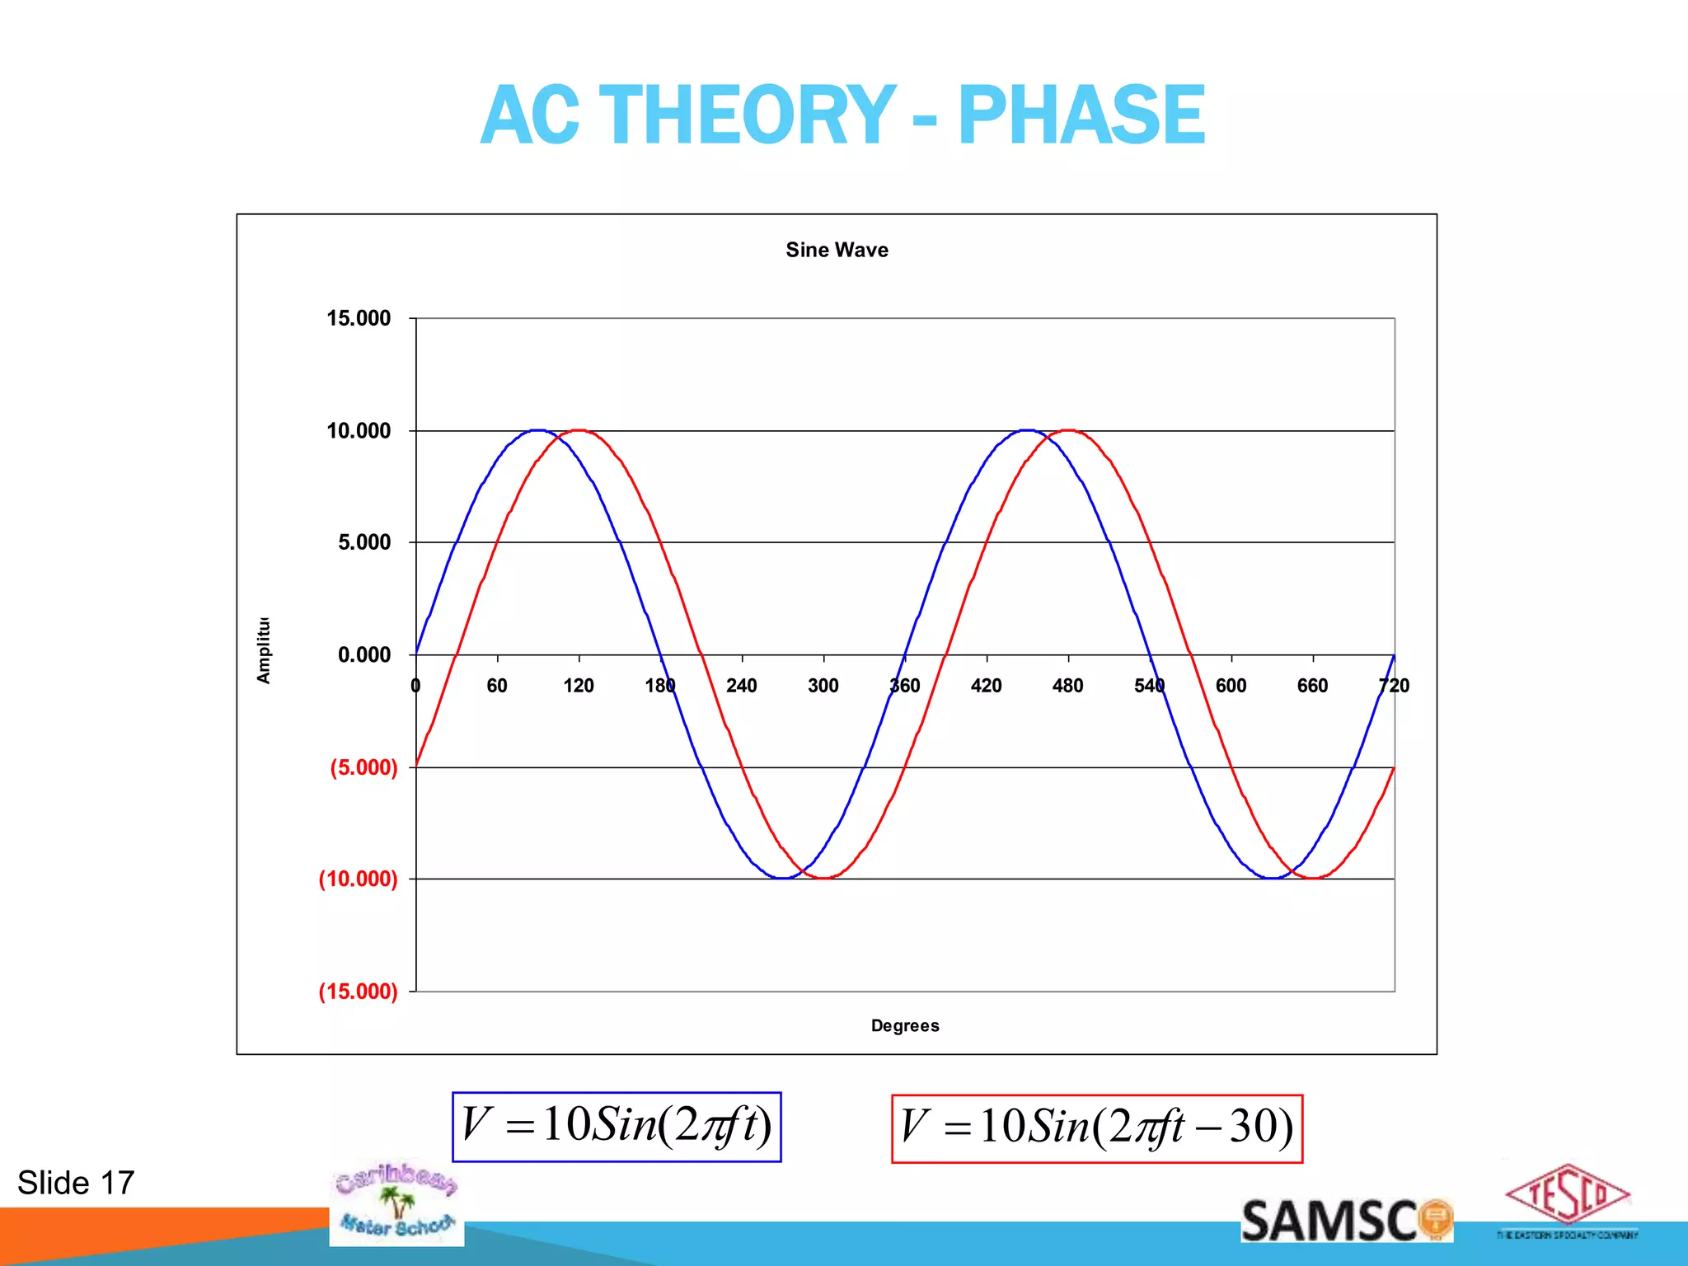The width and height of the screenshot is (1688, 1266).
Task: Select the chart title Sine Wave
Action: pyautogui.click(x=837, y=250)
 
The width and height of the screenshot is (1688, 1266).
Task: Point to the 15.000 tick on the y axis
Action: pyautogui.click(x=359, y=318)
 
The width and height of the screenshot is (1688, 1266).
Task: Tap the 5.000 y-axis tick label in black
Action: pyautogui.click(x=364, y=542)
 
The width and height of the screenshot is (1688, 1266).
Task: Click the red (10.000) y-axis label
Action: pyautogui.click(x=358, y=879)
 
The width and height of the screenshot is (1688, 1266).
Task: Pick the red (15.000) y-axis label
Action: pyautogui.click(x=358, y=991)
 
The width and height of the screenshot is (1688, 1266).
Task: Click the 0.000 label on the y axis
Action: pyautogui.click(x=364, y=655)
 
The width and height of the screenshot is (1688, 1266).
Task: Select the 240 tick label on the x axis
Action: pyautogui.click(x=741, y=686)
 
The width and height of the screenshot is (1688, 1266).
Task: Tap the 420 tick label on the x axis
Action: pyautogui.click(x=986, y=686)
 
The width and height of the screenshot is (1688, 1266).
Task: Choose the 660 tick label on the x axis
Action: pyautogui.click(x=1312, y=686)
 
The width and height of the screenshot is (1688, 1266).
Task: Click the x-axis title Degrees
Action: pyautogui.click(x=905, y=1025)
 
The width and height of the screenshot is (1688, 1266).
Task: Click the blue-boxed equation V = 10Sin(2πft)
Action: pyautogui.click(x=617, y=1126)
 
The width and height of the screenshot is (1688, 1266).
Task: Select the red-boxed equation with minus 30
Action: pyautogui.click(x=1096, y=1128)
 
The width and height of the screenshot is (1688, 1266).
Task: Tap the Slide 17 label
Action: pyautogui.click(x=76, y=1183)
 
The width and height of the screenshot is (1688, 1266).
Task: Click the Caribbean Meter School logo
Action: pyautogui.click(x=396, y=1203)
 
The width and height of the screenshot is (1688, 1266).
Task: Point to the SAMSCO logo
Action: pyautogui.click(x=1345, y=1221)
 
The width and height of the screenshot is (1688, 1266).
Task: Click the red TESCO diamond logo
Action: pyautogui.click(x=1567, y=1195)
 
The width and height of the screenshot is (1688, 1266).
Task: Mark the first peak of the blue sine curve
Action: pyautogui.click(x=538, y=430)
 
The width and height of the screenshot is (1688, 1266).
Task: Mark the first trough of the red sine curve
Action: pyautogui.click(x=823, y=878)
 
